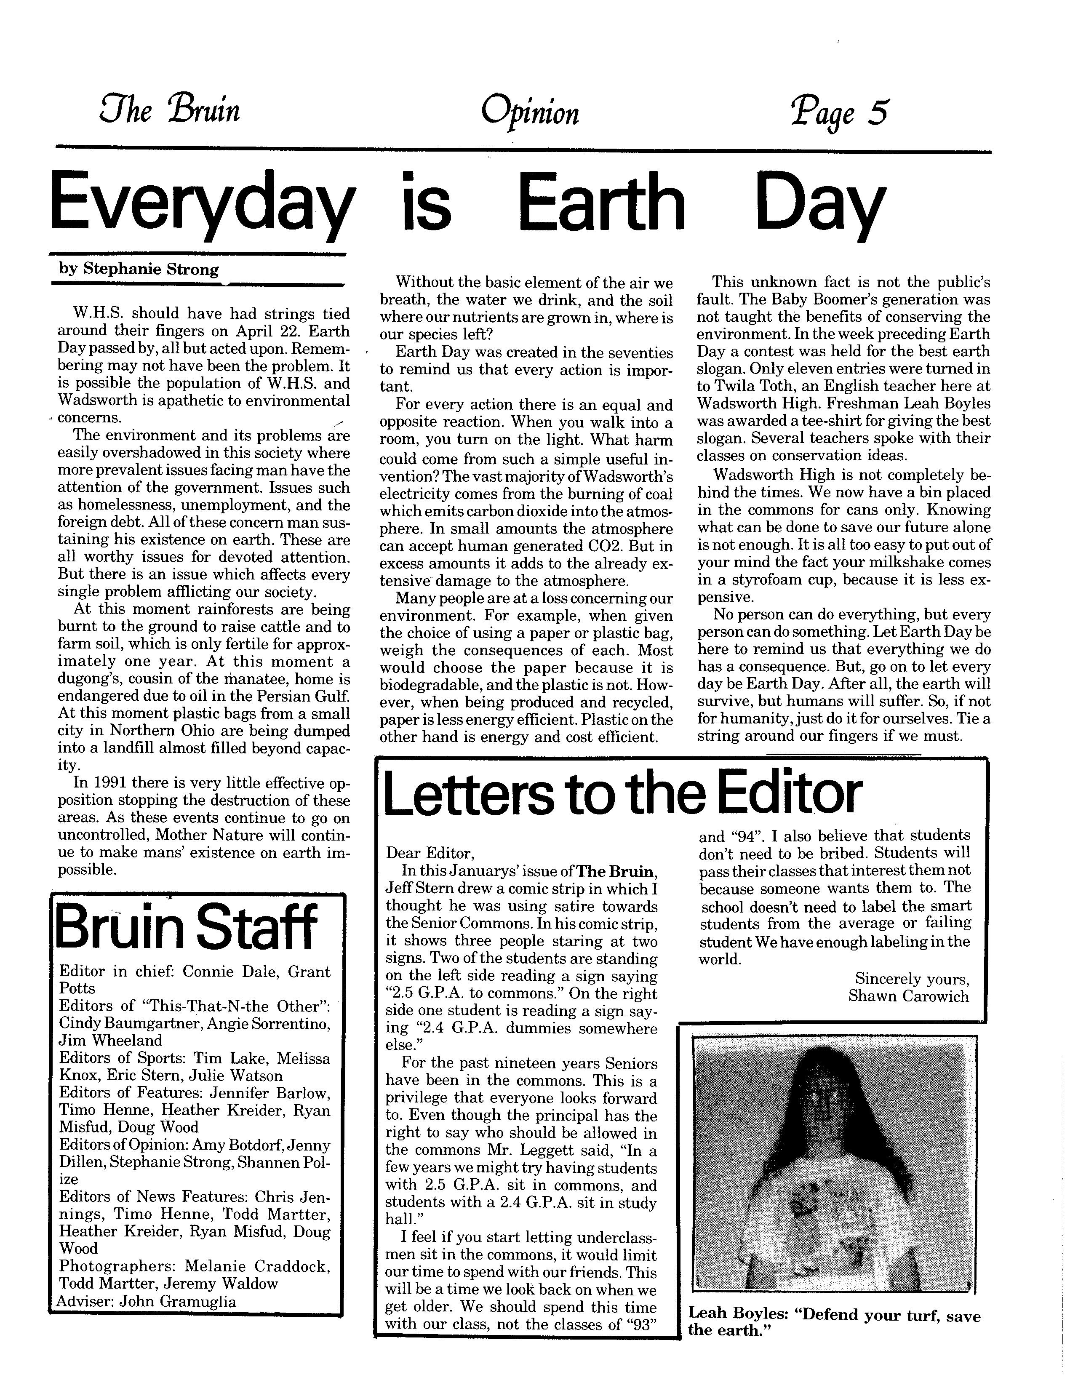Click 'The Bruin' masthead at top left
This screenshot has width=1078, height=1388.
[170, 110]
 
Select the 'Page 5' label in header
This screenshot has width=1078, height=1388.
[838, 112]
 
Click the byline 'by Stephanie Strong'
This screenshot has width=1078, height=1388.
[139, 269]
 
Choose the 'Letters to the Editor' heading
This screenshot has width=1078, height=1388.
[623, 794]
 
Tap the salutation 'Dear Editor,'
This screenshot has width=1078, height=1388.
[430, 852]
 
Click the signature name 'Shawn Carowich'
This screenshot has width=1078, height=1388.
[908, 996]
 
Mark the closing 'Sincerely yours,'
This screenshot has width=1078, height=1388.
[912, 979]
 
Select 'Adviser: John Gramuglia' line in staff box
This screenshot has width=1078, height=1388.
[146, 1301]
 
